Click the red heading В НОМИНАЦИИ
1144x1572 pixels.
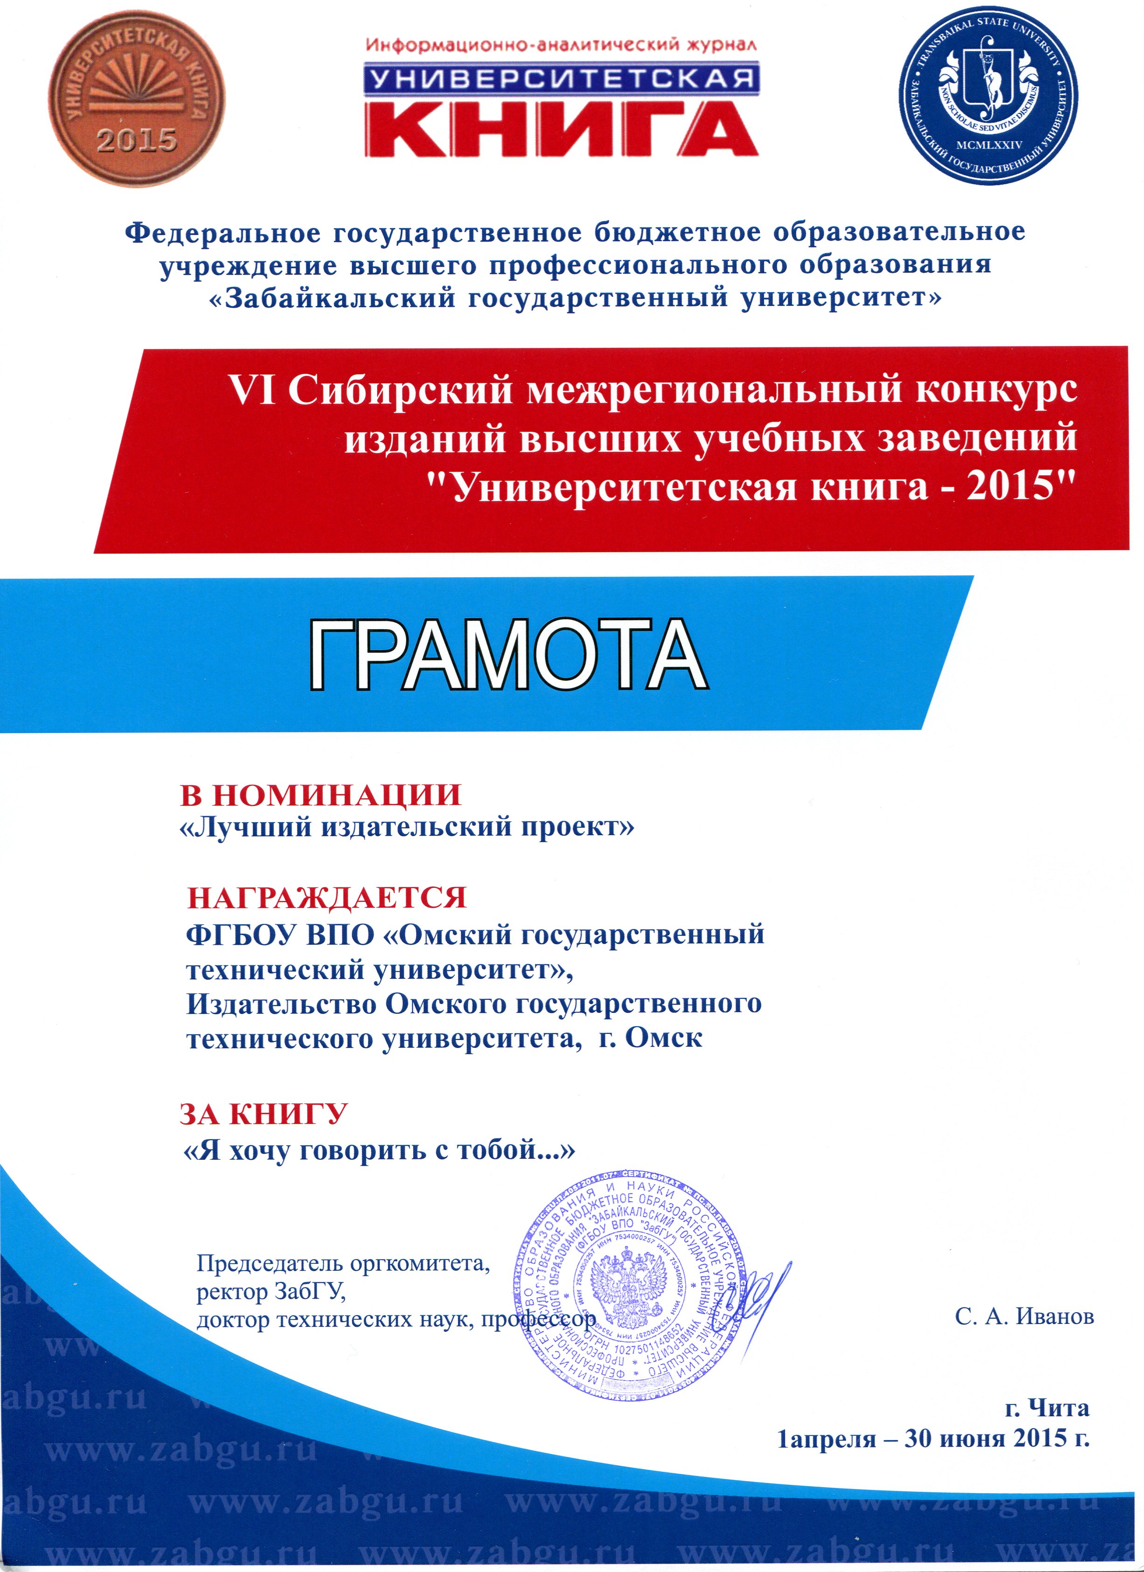pos(320,795)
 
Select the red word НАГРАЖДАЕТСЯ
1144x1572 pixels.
pos(327,898)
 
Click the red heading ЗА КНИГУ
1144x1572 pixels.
pos(263,1114)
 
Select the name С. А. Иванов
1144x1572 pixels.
pos(1024,1316)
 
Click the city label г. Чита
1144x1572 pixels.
pos(1046,1408)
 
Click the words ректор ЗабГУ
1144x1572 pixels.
pos(270,1292)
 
